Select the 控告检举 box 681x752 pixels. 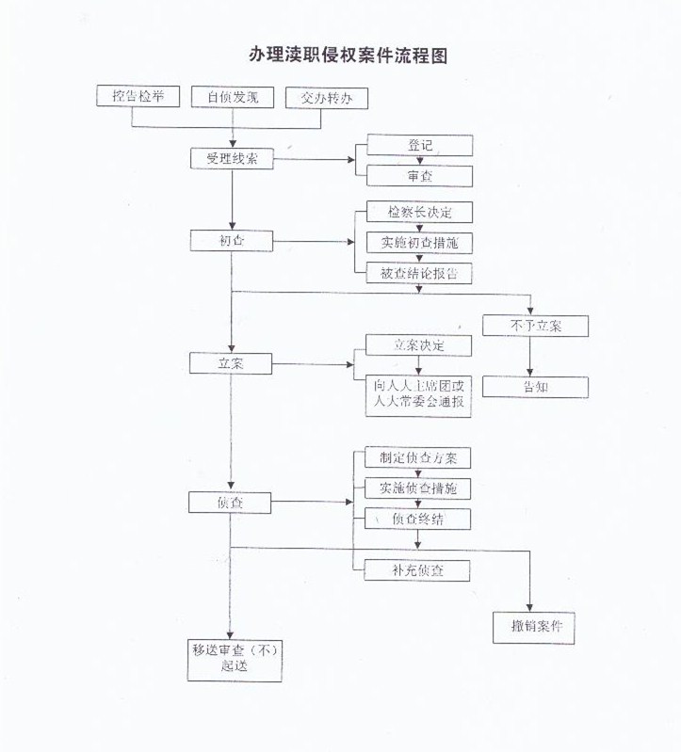coord(138,96)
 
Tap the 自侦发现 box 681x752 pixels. coord(232,96)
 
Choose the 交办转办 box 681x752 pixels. coord(326,97)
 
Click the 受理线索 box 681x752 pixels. coord(232,159)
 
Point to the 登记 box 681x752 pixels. coord(419,145)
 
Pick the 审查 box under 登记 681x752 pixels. coord(419,175)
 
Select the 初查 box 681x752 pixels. coord(232,241)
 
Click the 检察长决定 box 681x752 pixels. coord(419,212)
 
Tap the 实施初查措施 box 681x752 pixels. coord(419,242)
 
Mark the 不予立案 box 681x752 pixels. coord(535,326)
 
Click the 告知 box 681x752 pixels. coord(535,387)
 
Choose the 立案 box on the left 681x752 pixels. coord(232,362)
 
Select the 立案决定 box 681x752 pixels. coord(419,345)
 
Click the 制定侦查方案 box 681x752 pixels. coord(419,458)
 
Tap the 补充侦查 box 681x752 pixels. coord(419,569)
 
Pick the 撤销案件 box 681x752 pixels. coord(535,628)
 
